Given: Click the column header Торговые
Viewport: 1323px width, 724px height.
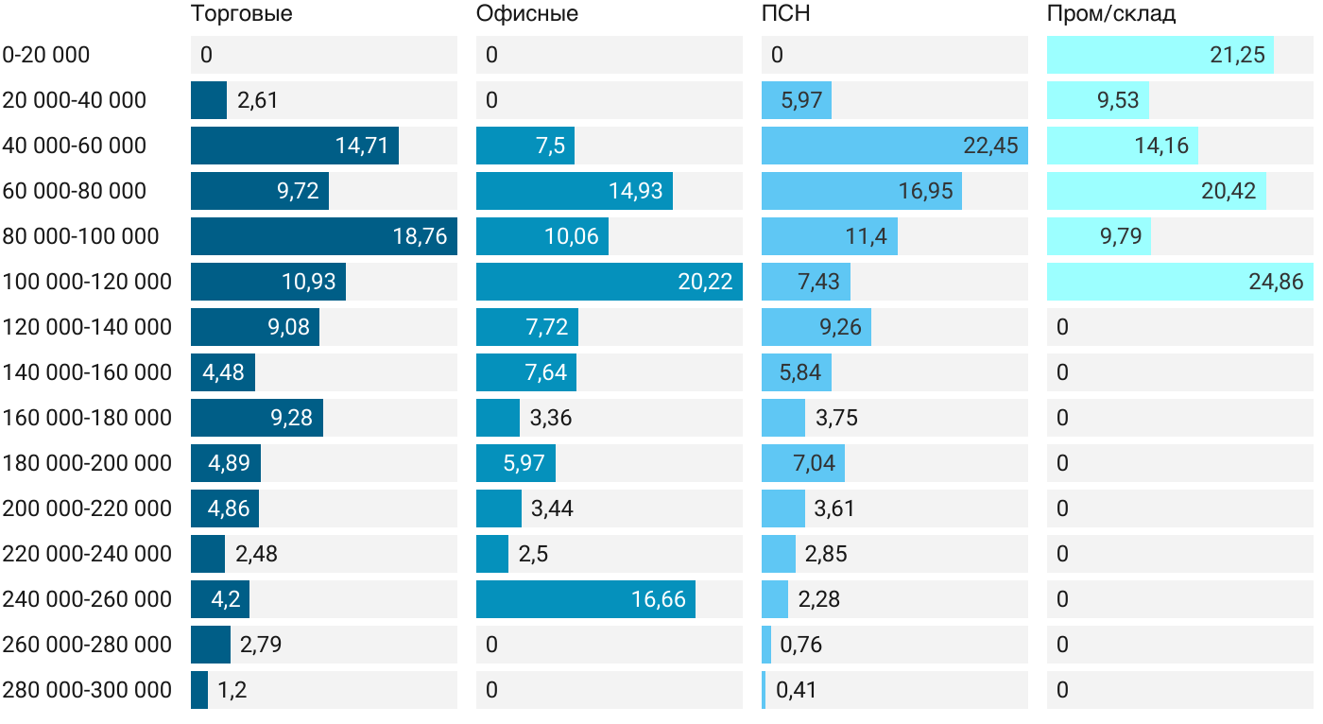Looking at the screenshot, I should (x=242, y=14).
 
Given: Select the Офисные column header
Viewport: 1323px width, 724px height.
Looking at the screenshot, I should (x=527, y=14).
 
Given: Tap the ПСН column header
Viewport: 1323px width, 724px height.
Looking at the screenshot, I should (x=786, y=14).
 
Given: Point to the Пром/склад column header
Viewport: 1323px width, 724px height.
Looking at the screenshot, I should (x=1111, y=14).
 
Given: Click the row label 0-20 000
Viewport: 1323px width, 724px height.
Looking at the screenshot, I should (x=46, y=55).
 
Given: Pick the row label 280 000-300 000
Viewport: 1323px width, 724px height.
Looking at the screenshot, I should (x=87, y=690).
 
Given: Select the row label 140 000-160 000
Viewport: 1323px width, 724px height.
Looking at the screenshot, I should (x=87, y=372).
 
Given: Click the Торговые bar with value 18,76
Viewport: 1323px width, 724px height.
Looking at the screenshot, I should (x=324, y=236).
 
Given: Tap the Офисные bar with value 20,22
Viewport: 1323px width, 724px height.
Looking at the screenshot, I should (x=610, y=282).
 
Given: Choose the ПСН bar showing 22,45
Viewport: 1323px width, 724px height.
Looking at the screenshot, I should (x=895, y=146).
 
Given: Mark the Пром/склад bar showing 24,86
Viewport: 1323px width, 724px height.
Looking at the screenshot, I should (x=1180, y=282).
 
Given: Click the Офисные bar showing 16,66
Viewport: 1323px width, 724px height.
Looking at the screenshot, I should (x=586, y=599).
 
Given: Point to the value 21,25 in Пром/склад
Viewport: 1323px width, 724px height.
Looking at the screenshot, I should (x=1237, y=55).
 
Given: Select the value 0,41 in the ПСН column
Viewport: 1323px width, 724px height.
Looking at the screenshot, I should (x=797, y=690).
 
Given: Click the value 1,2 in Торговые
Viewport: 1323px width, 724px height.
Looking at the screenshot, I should (x=232, y=690).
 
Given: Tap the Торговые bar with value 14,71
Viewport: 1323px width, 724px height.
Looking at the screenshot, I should (x=295, y=146).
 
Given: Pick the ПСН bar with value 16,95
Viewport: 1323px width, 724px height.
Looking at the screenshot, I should (x=862, y=191).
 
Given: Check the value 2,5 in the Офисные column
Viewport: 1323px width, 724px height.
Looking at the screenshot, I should (x=534, y=554).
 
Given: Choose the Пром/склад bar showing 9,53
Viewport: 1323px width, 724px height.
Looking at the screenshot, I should (x=1098, y=100).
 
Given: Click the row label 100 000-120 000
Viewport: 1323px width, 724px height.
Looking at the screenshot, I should (x=87, y=282).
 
